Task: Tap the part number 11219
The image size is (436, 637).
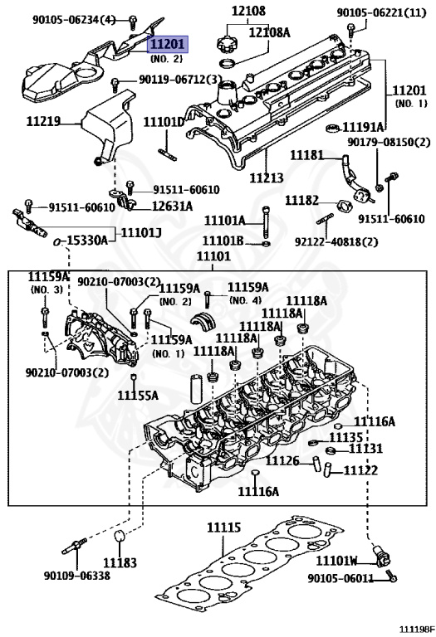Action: coord(43,121)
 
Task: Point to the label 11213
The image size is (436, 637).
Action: coord(267,177)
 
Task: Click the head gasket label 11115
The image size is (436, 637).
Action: coord(223,527)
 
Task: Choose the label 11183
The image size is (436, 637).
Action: coord(120,562)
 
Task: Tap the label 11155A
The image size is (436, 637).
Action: coord(137,396)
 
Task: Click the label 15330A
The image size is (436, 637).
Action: coord(87,240)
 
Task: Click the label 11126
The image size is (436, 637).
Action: coord(282,460)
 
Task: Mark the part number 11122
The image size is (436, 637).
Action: coord(360,470)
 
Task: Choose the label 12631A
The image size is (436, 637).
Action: coord(172,206)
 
